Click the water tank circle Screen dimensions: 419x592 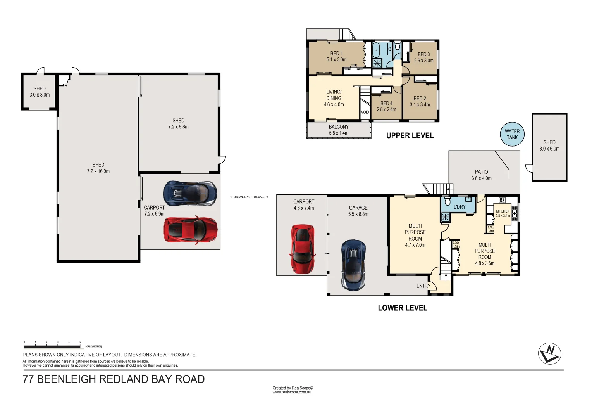(x=512, y=135)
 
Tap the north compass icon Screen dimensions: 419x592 (x=549, y=353)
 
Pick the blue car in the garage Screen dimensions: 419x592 (x=353, y=265)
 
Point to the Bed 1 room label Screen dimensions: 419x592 (x=336, y=57)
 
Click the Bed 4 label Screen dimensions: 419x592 (x=386, y=106)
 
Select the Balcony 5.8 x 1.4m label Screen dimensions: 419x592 (x=339, y=130)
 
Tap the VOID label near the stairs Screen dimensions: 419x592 (x=365, y=112)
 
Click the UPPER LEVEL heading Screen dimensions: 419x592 (x=410, y=135)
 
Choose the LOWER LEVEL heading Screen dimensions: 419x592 (x=403, y=308)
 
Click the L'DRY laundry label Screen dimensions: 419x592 (x=459, y=207)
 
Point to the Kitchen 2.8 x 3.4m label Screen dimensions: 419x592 (x=503, y=213)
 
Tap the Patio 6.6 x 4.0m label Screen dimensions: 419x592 (x=481, y=175)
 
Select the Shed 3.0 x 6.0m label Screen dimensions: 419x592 (x=549, y=145)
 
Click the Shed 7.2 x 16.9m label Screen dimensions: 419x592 (x=98, y=168)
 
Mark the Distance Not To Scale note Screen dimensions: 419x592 (x=249, y=197)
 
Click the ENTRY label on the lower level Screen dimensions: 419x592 (x=423, y=286)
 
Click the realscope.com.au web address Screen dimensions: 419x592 (x=292, y=392)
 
